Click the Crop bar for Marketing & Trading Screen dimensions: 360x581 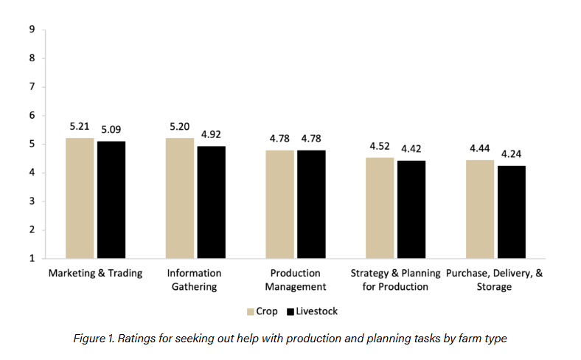[x=80, y=198]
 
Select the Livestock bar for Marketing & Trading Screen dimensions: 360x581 [x=111, y=199]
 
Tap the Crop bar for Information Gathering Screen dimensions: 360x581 [x=180, y=198]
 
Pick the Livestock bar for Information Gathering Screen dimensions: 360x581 [x=211, y=202]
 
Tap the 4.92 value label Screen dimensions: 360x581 [x=211, y=134]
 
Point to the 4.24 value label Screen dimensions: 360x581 [x=511, y=154]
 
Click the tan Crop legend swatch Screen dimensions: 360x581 [x=251, y=311]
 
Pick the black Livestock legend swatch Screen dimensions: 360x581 [x=290, y=311]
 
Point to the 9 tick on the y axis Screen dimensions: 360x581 [x=32, y=30]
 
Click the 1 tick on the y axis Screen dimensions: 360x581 [x=32, y=258]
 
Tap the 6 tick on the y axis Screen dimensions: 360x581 [x=32, y=115]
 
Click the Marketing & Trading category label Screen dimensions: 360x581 [x=95, y=273]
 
